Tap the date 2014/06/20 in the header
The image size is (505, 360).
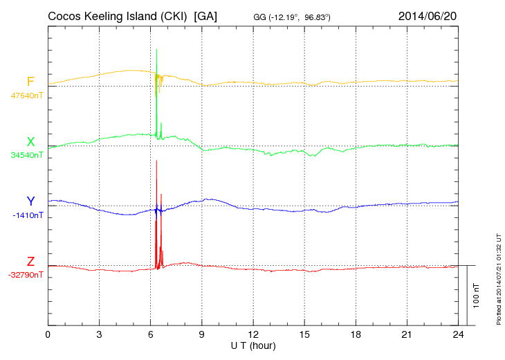click(427, 16)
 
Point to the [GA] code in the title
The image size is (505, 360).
click(206, 16)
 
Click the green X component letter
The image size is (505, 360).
click(30, 142)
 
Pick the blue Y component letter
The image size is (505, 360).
click(30, 201)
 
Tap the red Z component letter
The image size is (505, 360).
click(30, 262)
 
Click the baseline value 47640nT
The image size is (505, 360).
click(26, 96)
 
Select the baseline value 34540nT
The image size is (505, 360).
click(26, 155)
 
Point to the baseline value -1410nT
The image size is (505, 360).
click(28, 215)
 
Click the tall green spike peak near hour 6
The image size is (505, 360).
click(157, 50)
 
